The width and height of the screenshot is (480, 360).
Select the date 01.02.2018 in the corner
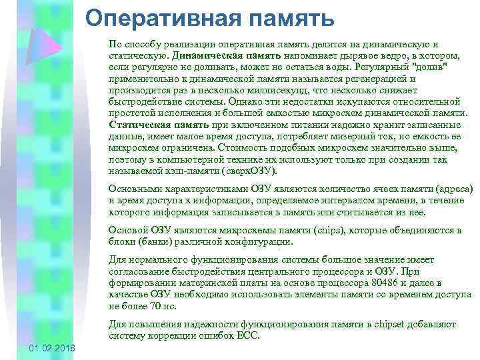click(53, 350)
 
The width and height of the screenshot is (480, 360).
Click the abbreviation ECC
click(247, 336)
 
